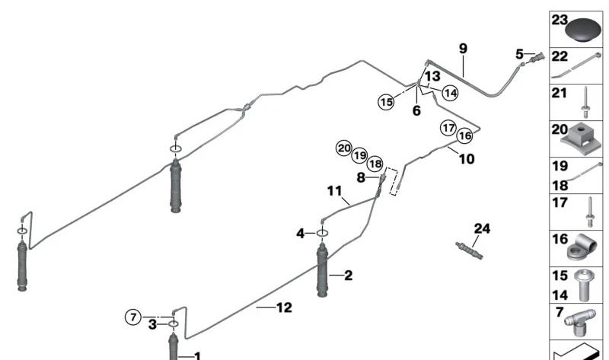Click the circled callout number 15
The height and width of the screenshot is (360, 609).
387,100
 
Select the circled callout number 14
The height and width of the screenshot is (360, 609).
451,93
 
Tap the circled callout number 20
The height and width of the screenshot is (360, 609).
344,148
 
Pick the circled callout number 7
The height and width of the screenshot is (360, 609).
133,317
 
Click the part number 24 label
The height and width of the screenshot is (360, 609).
483,228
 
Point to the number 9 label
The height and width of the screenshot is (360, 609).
463,49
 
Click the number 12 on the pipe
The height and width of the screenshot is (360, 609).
283,307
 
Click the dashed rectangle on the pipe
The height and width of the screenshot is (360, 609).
394,181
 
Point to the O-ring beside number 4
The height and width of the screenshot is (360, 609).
322,233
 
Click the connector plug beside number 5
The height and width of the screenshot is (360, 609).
539,58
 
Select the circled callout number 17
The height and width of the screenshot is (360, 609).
447,128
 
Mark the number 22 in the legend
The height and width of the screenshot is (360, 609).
560,56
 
